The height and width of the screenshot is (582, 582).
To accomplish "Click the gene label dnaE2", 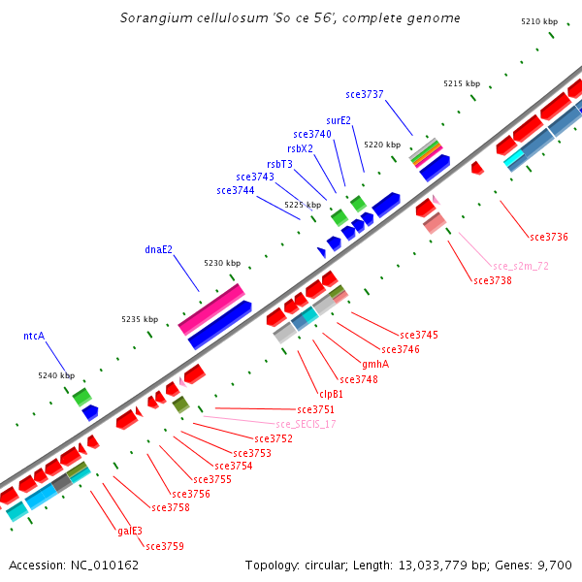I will pos(158,249).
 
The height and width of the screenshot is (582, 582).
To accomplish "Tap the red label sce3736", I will pos(549,237).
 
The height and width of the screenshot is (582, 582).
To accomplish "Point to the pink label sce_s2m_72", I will pos(521,266).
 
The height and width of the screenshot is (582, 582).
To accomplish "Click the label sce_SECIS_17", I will pos(306,424).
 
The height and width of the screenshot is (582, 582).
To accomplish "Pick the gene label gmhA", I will pos(374,364).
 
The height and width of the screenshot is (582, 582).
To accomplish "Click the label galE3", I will pos(130,531).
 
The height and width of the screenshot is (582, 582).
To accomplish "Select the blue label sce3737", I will pos(365,94).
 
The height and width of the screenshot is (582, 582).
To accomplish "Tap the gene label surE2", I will pos(339,120).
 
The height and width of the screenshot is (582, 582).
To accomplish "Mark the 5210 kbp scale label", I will pos(539,21).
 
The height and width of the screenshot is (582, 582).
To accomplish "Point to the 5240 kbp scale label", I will pos(56,375).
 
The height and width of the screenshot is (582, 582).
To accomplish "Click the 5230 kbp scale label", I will pos(221,263).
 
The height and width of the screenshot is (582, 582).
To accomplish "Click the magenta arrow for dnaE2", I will pos(211,308).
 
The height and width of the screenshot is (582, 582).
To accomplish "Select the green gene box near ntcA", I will pos(81,396).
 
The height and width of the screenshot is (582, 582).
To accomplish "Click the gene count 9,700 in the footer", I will pos(554,565).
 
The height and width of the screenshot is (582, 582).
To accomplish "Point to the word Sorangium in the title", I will pos(151,18).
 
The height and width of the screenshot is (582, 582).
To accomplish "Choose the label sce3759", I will pos(165,546).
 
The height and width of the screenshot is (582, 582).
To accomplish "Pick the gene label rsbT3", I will pos(279,164).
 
